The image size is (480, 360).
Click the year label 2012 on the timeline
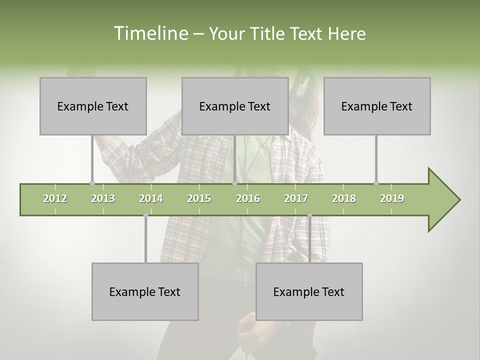[x=55, y=198]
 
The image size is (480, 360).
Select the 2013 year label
[x=103, y=198]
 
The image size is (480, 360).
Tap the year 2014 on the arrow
[x=151, y=198]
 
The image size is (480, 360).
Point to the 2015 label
[x=199, y=198]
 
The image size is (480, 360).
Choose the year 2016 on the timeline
[x=248, y=198]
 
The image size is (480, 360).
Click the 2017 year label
[x=296, y=198]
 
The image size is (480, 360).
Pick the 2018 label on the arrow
[x=344, y=198]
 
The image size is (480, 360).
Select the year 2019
[x=392, y=198]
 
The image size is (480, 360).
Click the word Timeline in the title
[x=150, y=33]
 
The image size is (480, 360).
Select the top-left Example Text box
[x=93, y=106]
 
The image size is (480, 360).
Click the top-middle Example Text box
[x=235, y=106]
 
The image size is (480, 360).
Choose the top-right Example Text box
[x=377, y=106]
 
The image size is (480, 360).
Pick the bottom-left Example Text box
[x=145, y=291]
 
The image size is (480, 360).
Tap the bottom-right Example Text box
[x=309, y=291]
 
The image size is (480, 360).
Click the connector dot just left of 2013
[x=92, y=183]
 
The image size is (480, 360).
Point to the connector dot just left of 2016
[x=234, y=183]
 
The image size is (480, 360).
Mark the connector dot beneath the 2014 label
[x=145, y=215]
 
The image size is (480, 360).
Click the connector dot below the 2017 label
[x=309, y=215]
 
